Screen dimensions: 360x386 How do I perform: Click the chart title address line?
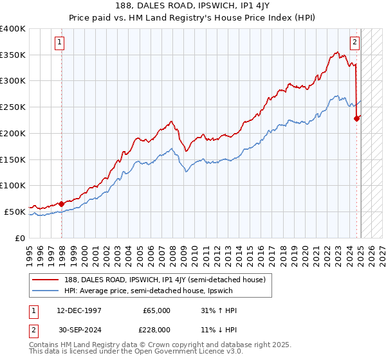[x=193, y=6]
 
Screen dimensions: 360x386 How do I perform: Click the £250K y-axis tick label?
[x=14, y=107]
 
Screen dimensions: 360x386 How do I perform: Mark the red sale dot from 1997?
[x=62, y=204]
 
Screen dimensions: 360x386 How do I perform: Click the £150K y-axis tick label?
[x=14, y=159]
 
